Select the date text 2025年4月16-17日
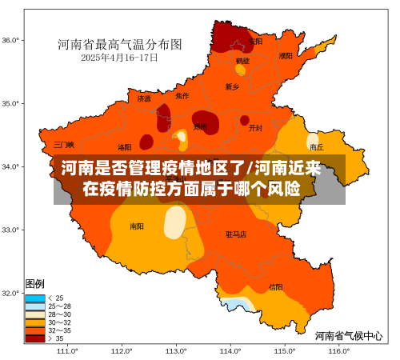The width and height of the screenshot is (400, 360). tap(119, 57)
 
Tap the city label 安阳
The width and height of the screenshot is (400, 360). tap(255, 41)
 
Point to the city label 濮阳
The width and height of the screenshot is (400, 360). tap(286, 56)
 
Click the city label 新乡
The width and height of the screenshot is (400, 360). tap(232, 86)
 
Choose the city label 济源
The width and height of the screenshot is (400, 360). tap(144, 99)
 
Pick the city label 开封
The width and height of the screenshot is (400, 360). tap(255, 127)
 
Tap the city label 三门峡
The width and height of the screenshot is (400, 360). tap(64, 145)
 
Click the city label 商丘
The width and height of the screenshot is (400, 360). tap(317, 147)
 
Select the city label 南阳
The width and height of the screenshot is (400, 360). tap(137, 226)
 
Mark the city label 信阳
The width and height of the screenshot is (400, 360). tap(275, 286)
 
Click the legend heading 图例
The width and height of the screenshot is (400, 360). tap(35, 284)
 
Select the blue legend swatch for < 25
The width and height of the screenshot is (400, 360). tap(35, 298)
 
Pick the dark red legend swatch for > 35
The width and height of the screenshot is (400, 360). tap(35, 338)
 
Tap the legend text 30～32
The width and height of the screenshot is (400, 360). tap(60, 322)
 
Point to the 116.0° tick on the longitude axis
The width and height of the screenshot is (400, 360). tap(338, 350)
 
